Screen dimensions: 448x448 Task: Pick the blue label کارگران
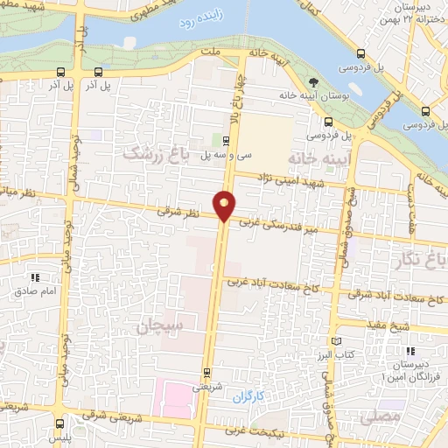pyautogui.click(x=248, y=397)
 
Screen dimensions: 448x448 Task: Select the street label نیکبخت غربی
pyautogui.click(x=266, y=431)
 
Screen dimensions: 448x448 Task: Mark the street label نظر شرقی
pyautogui.click(x=178, y=212)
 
